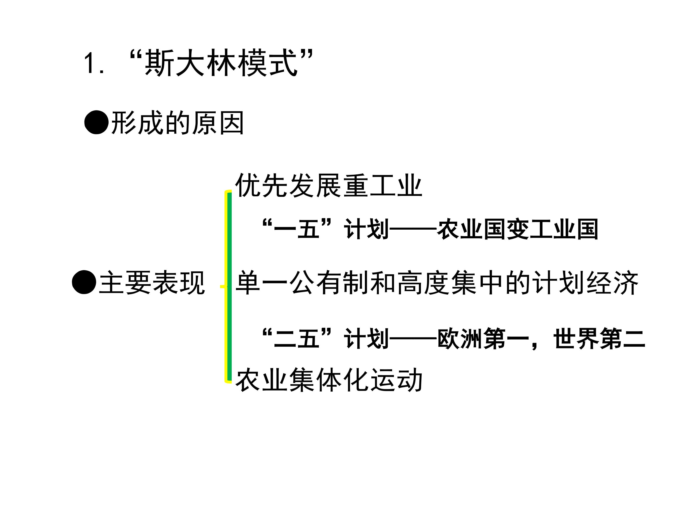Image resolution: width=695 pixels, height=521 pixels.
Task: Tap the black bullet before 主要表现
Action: point(84,282)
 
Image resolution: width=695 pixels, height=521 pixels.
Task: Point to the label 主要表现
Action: point(152,283)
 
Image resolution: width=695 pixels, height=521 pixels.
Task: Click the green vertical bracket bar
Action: point(229,286)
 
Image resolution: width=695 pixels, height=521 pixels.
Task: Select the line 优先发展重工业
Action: point(329,185)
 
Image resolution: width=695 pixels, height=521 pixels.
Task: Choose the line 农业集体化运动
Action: point(329,380)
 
